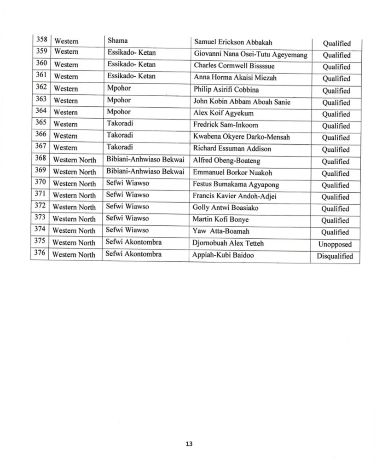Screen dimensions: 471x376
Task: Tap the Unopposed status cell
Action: (x=335, y=245)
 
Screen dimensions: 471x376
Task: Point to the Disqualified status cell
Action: (x=335, y=257)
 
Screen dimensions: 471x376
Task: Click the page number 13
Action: (x=188, y=444)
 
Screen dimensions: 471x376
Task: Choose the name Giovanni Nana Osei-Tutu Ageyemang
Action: (x=250, y=55)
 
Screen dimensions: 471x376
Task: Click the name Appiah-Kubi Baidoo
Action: (x=224, y=255)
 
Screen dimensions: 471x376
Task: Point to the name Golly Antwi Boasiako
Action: (x=226, y=208)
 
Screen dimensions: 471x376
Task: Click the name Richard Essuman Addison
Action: (x=232, y=149)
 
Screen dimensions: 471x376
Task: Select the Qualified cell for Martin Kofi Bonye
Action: (x=335, y=221)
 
